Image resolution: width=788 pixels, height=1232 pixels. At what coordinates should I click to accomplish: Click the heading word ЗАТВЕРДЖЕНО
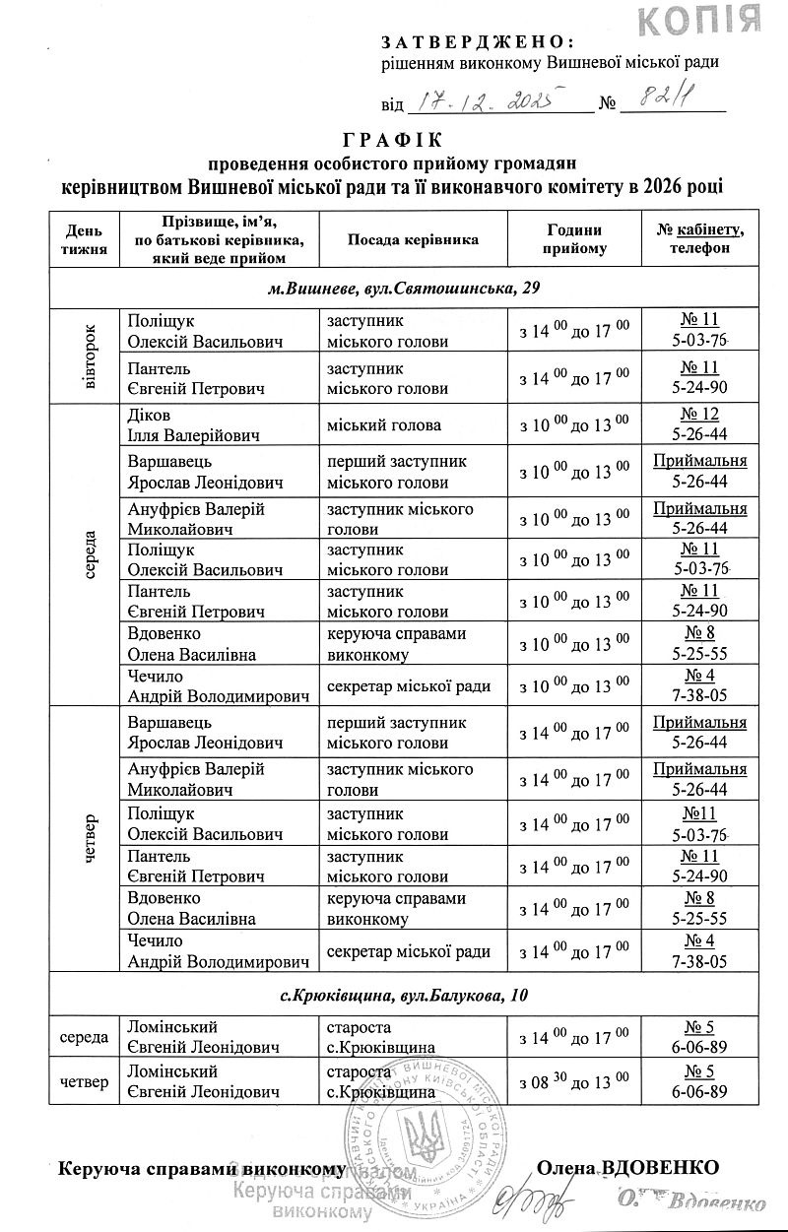point(477,40)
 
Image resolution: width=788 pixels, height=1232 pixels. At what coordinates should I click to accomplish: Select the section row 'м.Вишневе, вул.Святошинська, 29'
point(403,289)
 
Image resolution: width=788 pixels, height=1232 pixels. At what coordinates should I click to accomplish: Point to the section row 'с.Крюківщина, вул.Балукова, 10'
point(403,996)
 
